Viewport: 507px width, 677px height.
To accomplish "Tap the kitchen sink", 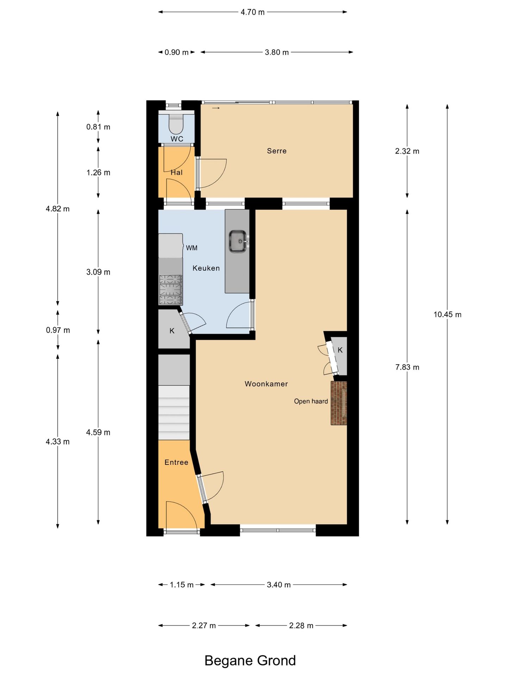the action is click(238, 242).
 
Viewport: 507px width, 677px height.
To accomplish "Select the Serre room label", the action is click(277, 151).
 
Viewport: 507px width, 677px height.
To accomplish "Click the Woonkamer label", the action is click(266, 384).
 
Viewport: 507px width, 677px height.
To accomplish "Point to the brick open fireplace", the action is click(339, 403).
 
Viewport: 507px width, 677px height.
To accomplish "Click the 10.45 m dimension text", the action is click(447, 315).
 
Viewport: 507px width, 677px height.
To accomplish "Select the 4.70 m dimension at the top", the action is click(252, 12).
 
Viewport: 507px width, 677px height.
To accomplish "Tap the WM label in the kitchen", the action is click(192, 248).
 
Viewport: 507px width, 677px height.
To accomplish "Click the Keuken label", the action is click(206, 268).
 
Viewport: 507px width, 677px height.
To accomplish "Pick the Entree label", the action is click(176, 462).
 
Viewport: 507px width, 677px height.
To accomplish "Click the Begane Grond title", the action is click(250, 660).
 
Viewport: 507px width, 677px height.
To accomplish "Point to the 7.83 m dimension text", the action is click(407, 367).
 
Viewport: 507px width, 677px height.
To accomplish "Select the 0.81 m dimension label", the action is click(98, 127).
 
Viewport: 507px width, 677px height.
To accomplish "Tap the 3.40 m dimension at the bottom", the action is click(278, 585).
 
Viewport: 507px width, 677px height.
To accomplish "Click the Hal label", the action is click(176, 172).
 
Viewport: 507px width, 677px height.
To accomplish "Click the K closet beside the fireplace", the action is click(340, 355).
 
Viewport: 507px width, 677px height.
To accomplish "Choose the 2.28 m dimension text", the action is click(301, 626).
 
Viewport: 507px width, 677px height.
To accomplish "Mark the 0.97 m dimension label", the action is click(58, 330).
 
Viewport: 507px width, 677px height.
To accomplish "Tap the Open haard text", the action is click(311, 401).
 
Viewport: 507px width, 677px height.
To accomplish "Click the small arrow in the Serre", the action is click(216, 108).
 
